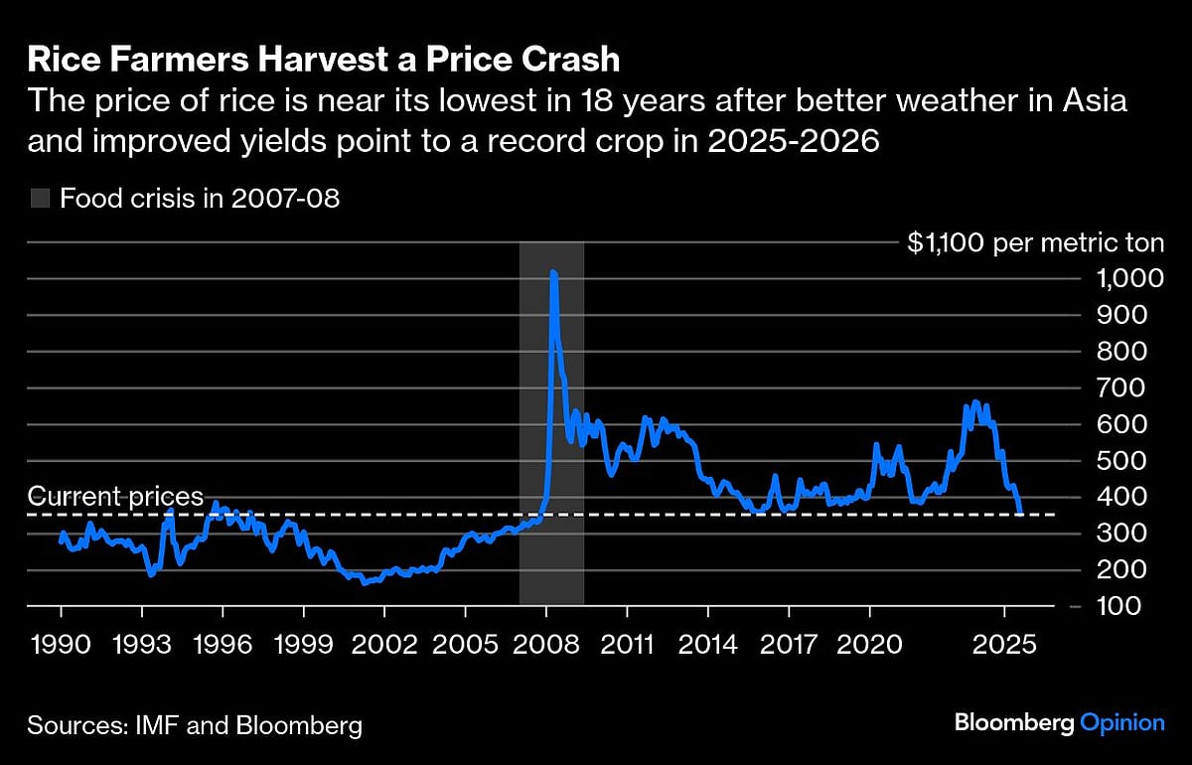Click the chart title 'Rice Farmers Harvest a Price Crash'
pyautogui.click(x=323, y=59)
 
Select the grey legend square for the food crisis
pyautogui.click(x=39, y=198)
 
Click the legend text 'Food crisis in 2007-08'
pyautogui.click(x=200, y=198)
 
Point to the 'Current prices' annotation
pyautogui.click(x=115, y=496)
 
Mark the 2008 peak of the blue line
pyautogui.click(x=552, y=272)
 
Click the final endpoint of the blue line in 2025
pyautogui.click(x=1020, y=513)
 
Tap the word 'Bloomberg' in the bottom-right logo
pyautogui.click(x=1013, y=723)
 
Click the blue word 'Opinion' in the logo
pyautogui.click(x=1121, y=723)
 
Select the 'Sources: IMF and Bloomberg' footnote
pyautogui.click(x=195, y=725)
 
